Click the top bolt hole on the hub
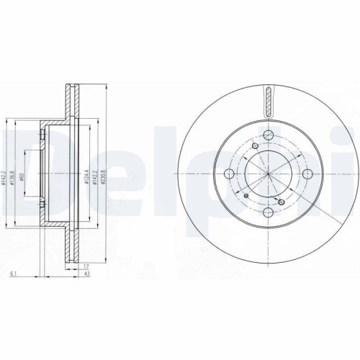pyautogui.click(x=269, y=136)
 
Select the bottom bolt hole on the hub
pyautogui.click(x=269, y=212)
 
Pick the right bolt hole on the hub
pyautogui.click(x=307, y=174)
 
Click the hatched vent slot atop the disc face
pyautogui.click(x=269, y=100)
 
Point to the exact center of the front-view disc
pyautogui.click(x=269, y=174)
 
